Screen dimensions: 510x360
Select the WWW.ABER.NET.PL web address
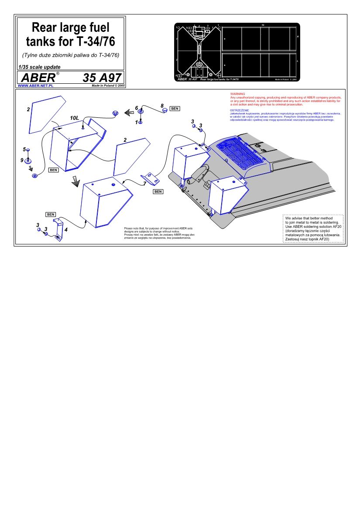[x=35, y=86]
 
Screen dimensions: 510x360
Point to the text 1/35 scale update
[x=39, y=67]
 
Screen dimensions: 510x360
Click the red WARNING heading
[x=237, y=93]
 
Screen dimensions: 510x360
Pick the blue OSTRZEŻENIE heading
[x=239, y=110]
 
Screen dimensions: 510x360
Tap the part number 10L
[x=74, y=118]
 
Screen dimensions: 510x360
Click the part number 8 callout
[x=162, y=106]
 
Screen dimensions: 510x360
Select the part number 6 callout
[x=136, y=108]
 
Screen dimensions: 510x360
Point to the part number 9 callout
[x=22, y=161]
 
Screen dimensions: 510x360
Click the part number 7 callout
[x=144, y=184]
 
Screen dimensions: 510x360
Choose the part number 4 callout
[x=66, y=229]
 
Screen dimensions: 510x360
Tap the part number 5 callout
[x=24, y=149]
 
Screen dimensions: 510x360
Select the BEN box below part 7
[x=158, y=191]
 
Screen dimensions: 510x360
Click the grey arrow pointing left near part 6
[x=129, y=113]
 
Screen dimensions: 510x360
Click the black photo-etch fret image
[x=237, y=52]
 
